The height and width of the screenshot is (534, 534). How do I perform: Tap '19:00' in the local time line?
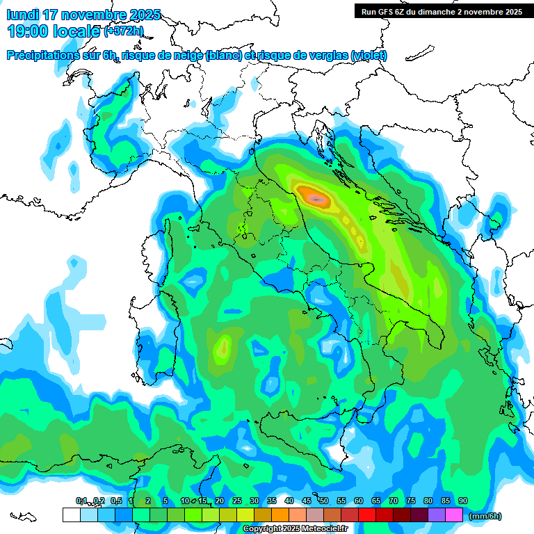[29, 31]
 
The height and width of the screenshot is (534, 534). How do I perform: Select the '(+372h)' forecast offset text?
[124, 31]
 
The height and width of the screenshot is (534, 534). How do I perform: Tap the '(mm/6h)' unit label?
[485, 516]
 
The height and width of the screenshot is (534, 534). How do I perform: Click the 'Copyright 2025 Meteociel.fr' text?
[294, 529]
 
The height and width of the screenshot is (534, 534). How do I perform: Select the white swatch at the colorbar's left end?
[71, 515]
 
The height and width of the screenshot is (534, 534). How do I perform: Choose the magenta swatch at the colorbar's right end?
[454, 515]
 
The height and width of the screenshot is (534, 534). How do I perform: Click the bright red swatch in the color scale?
[367, 515]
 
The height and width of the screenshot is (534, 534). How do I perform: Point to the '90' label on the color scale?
[463, 501]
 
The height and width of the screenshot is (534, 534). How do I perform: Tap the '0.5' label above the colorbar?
[115, 501]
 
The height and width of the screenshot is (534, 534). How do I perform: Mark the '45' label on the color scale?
[307, 501]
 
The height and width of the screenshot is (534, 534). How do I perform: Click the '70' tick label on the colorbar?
[394, 501]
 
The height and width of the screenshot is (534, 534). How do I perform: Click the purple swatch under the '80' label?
[437, 515]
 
